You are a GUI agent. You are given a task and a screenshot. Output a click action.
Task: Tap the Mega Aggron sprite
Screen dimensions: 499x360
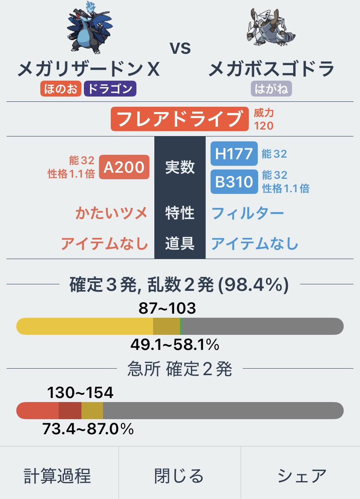point(270,29)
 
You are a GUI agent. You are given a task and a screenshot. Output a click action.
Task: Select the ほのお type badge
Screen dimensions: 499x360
point(61,89)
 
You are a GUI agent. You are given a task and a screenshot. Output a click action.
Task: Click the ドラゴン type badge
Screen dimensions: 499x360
point(110,89)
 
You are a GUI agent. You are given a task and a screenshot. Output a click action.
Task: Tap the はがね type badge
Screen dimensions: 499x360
point(272,89)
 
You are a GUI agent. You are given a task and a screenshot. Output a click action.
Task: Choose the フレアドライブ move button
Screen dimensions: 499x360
point(180,119)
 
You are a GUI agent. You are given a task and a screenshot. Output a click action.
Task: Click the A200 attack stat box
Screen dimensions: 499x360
point(124,167)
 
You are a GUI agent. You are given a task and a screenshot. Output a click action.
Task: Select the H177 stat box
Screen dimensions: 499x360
point(234,154)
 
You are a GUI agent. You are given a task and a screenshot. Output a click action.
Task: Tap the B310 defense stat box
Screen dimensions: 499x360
point(234,182)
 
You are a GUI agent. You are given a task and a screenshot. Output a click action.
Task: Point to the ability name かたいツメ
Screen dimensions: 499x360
point(112,213)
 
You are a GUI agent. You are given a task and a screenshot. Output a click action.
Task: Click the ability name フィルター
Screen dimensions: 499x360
point(248,213)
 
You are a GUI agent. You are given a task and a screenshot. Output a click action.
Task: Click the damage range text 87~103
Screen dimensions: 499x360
point(167,308)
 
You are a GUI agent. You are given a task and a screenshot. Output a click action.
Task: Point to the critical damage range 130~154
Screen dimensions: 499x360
point(80,393)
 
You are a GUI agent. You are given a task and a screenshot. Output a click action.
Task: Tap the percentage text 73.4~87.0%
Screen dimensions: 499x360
point(88,429)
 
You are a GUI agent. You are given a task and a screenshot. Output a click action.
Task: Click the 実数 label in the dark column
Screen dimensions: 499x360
point(180,167)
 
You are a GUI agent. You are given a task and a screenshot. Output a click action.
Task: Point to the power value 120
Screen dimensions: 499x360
point(263,125)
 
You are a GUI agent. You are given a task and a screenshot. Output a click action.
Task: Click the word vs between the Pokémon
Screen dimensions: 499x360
point(180,48)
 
